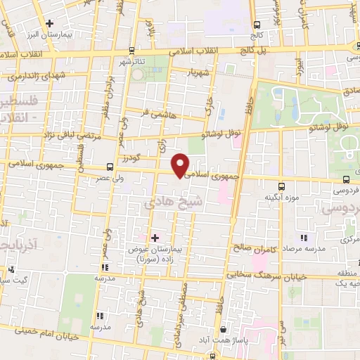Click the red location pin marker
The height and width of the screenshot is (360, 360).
[x=181, y=165]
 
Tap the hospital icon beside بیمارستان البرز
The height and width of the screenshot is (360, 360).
[x=49, y=23]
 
